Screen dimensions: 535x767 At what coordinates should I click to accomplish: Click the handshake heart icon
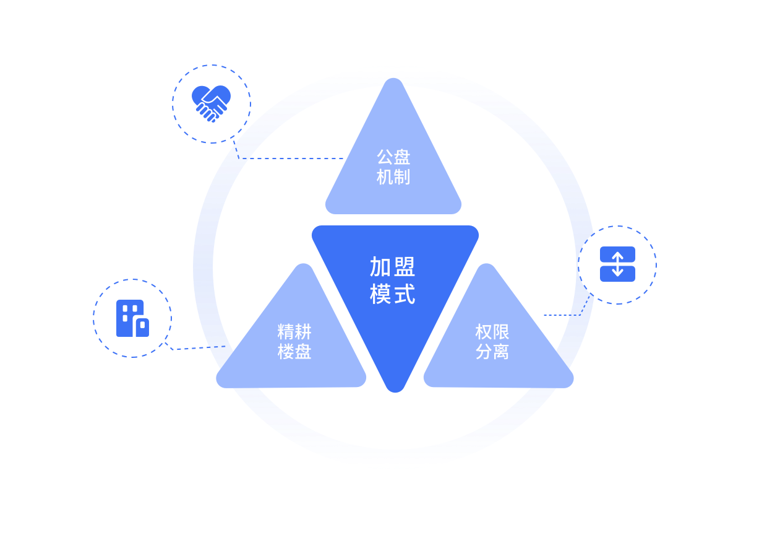[211, 103]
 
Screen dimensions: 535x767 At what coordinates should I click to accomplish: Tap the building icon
[132, 318]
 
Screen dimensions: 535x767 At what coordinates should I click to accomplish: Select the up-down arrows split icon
[617, 264]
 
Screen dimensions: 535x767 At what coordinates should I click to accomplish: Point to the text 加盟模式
[393, 281]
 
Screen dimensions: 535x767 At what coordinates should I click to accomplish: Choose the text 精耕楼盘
[294, 342]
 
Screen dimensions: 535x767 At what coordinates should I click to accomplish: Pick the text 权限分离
[492, 342]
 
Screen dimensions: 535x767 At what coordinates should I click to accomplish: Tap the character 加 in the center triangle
[381, 267]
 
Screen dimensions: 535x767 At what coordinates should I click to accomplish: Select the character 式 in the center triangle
[405, 294]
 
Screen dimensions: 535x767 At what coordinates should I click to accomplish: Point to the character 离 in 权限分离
[501, 352]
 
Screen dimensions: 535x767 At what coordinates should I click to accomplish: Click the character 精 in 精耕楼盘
[286, 332]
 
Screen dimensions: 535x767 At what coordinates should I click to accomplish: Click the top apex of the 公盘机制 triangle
[393, 81]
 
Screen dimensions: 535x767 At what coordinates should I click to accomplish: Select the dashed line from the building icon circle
[189, 349]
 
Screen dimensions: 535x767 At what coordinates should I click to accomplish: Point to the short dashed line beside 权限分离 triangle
[556, 315]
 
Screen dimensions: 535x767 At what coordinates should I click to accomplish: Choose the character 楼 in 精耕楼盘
[286, 352]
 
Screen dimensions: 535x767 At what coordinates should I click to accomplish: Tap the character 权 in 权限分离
[484, 332]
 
